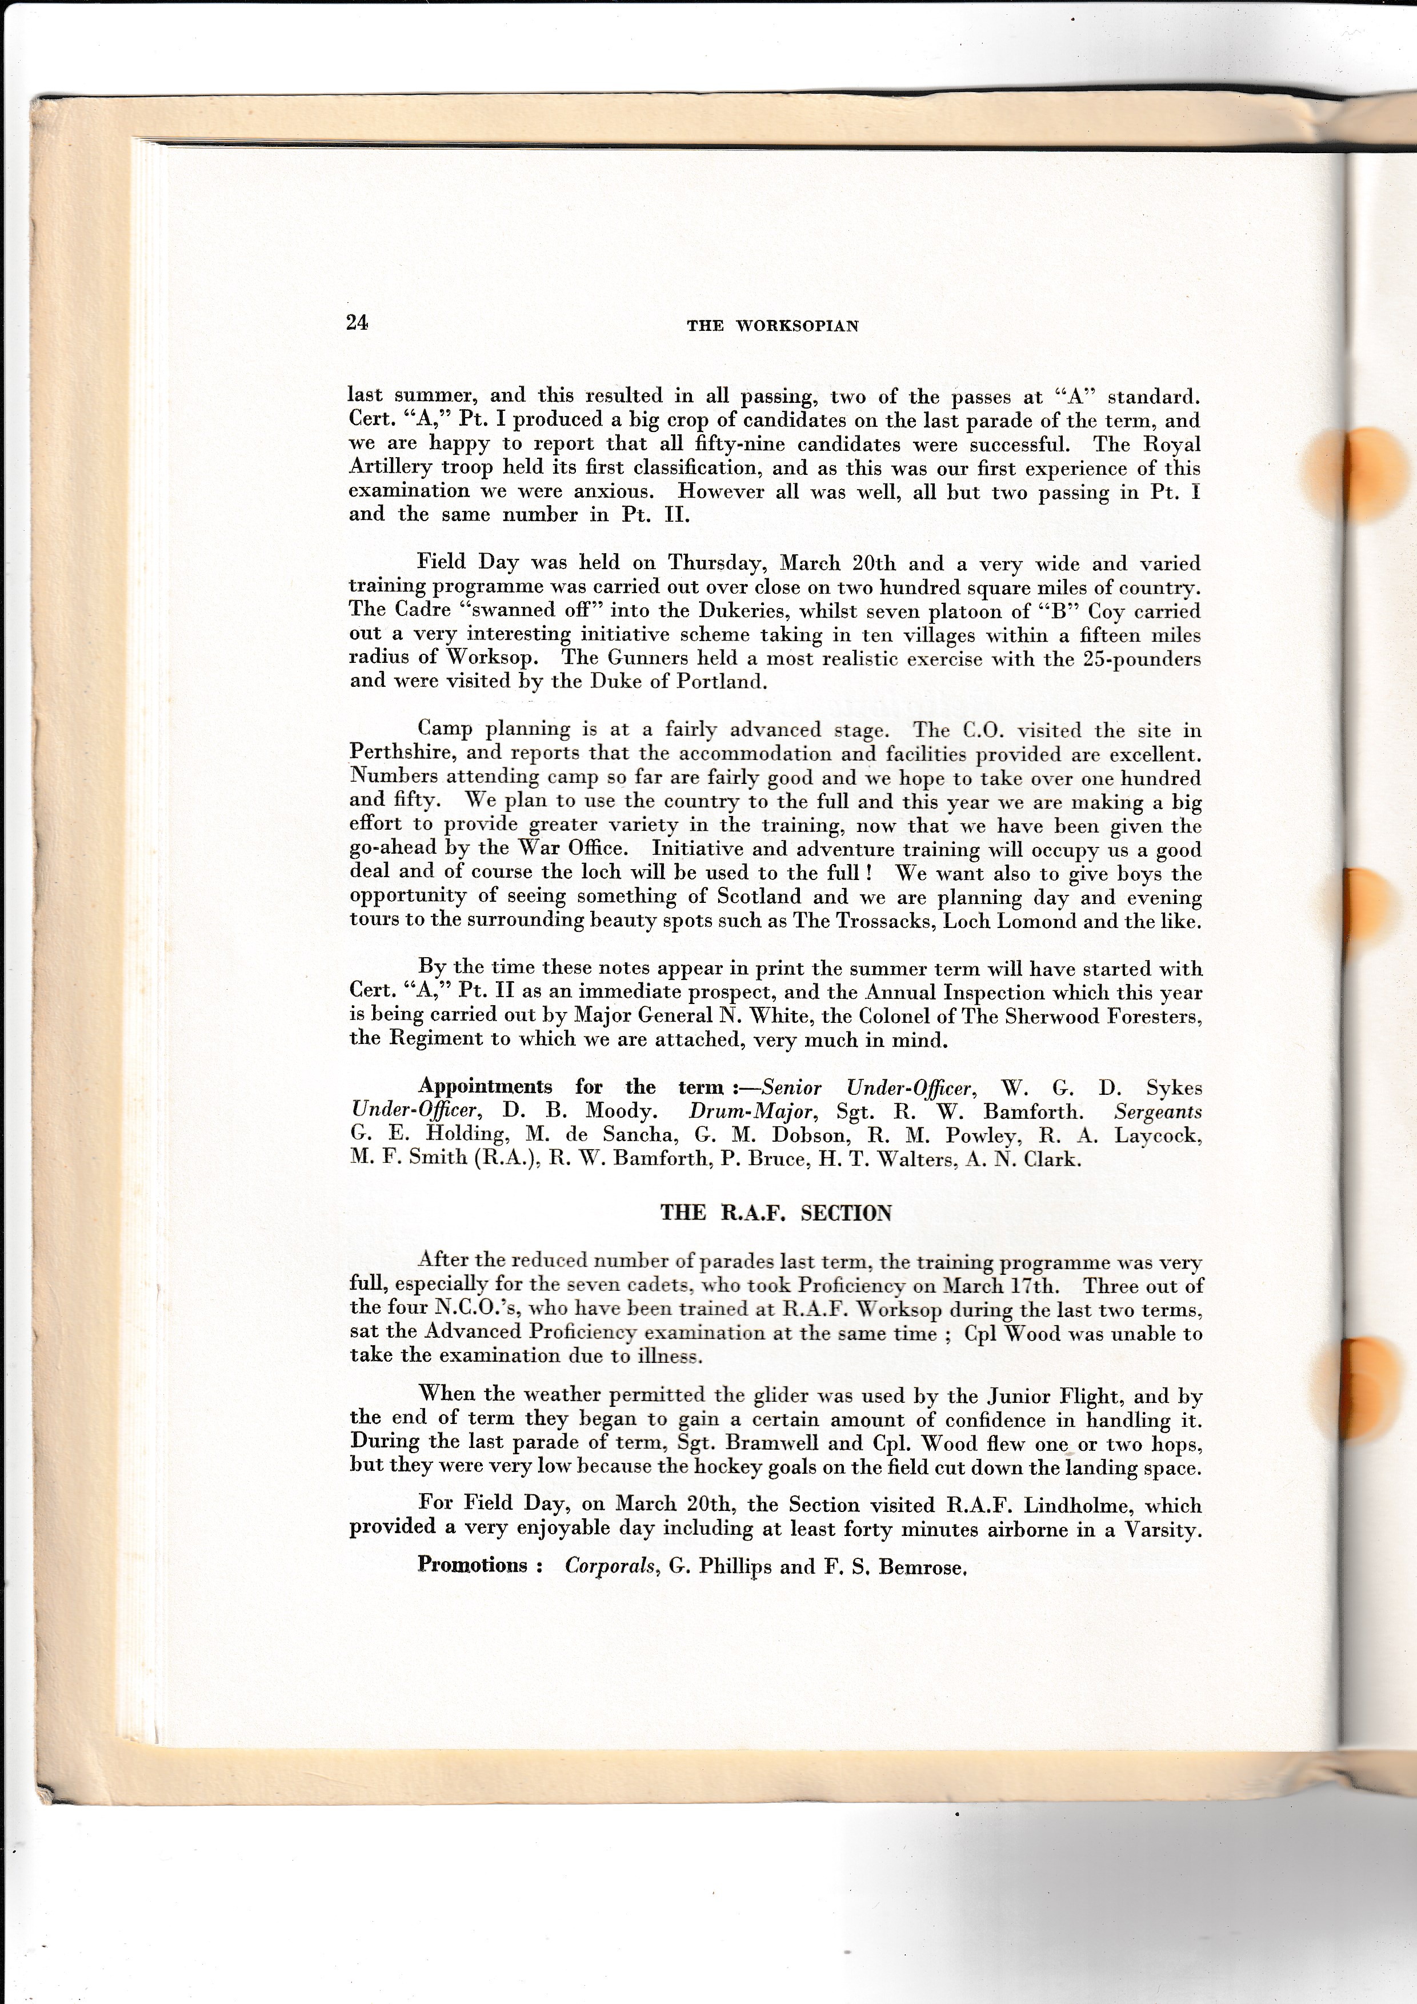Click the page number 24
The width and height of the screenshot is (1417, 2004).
pos(358,323)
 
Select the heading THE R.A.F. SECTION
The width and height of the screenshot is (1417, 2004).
pos(776,1213)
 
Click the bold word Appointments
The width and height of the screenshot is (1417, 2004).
pos(485,1087)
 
